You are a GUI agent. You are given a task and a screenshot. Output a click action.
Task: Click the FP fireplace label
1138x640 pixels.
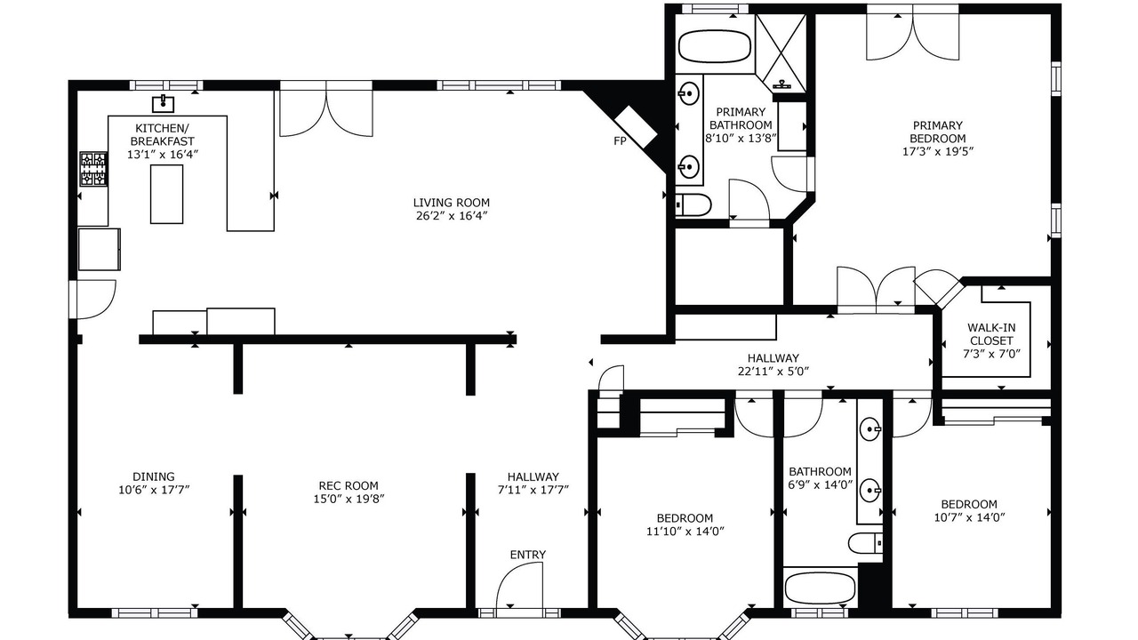[620, 141]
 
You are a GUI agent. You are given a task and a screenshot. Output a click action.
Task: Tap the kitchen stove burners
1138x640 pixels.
[94, 169]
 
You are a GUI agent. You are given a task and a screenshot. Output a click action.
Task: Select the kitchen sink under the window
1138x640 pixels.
[163, 104]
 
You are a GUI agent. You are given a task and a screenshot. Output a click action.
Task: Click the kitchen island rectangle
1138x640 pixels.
[166, 194]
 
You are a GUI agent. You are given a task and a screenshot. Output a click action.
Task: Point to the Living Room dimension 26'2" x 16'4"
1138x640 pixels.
[452, 216]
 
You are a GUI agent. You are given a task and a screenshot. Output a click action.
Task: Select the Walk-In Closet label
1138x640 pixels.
[991, 334]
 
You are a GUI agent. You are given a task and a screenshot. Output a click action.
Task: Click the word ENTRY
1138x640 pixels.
[528, 555]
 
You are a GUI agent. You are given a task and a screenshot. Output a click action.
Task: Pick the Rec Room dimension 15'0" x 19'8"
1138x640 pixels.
[349, 499]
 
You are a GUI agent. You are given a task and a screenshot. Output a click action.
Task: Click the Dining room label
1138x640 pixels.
[154, 476]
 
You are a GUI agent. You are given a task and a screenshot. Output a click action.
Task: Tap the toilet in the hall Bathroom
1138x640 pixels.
[866, 543]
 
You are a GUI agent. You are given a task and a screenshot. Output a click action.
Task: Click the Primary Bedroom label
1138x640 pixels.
[937, 132]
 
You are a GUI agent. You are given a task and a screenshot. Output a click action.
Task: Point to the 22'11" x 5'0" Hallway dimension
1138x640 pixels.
[773, 372]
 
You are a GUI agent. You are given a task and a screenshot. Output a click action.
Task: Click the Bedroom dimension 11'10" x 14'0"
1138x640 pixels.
[685, 532]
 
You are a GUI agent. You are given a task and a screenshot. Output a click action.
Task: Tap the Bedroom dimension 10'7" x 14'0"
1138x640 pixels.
[969, 517]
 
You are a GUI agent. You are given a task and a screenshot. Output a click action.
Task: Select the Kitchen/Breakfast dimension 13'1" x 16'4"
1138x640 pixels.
[162, 155]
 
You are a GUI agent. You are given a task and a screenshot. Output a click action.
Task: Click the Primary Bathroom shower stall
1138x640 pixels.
[781, 53]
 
